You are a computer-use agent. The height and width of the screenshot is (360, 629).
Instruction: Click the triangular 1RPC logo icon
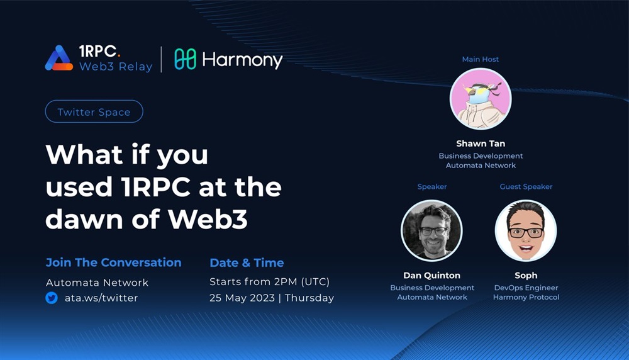coord(59,58)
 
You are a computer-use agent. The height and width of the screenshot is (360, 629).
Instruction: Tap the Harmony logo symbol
coord(186,59)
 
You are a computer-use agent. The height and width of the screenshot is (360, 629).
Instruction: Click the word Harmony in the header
coord(242,60)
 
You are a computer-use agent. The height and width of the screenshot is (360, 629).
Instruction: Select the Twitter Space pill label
coord(94,111)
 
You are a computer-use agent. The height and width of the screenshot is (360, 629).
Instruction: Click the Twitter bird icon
coord(52,298)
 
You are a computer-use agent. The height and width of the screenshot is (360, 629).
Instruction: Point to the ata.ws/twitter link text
coord(101,298)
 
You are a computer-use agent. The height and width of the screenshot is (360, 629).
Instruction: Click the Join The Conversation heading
coord(113,262)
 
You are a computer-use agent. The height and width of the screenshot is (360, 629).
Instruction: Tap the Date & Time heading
coord(247,263)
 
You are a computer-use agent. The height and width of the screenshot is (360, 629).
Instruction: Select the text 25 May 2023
coord(242,298)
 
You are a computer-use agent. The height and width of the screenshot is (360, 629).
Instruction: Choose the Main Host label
coord(480,59)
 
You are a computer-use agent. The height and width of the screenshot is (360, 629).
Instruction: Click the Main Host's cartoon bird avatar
coord(481,99)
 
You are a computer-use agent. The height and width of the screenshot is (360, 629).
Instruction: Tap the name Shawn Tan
coord(481,143)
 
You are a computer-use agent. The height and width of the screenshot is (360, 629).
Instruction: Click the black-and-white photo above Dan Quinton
coord(431,231)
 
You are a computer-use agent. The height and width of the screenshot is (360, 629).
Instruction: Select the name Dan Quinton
coord(431,275)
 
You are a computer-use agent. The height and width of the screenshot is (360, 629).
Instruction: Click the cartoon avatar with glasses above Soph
coord(526,231)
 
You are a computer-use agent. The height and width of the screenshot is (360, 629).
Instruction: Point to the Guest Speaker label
coord(526,187)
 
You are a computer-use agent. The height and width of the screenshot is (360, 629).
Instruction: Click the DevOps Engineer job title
coord(526,288)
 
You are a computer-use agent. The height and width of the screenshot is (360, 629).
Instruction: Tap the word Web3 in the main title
coord(208,219)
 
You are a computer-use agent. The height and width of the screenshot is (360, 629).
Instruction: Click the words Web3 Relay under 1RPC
coord(116,67)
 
